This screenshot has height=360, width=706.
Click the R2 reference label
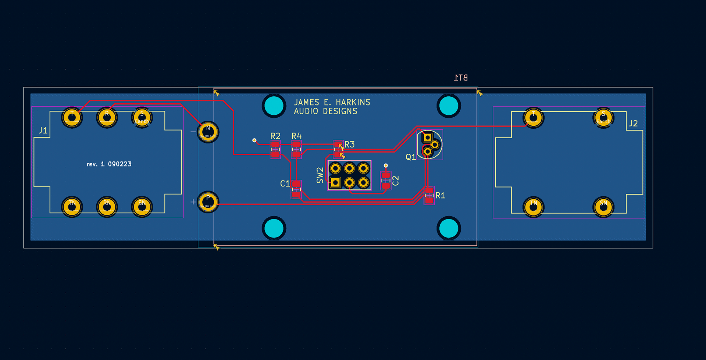click(x=275, y=136)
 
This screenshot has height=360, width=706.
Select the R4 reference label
click(x=296, y=136)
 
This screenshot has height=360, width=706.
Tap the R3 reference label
click(x=350, y=145)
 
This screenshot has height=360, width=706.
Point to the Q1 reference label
click(x=411, y=157)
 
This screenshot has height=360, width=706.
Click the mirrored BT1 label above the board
click(x=461, y=78)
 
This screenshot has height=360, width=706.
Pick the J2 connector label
click(x=633, y=124)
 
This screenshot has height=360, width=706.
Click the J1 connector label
click(x=43, y=131)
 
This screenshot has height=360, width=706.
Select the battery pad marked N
click(x=208, y=132)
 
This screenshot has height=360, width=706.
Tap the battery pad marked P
click(x=208, y=202)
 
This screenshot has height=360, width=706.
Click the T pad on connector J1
click(x=72, y=118)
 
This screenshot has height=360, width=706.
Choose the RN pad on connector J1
click(x=107, y=207)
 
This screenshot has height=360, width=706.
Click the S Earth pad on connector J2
click(x=603, y=118)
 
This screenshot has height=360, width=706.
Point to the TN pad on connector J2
click(x=534, y=207)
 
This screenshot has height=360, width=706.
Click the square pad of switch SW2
click(x=335, y=182)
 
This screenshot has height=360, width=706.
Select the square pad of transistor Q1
click(x=427, y=138)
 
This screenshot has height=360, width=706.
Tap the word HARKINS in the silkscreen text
click(x=353, y=102)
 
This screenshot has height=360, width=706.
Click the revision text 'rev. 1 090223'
click(x=109, y=164)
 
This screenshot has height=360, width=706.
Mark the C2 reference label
click(x=396, y=181)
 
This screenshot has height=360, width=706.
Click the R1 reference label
click(x=440, y=196)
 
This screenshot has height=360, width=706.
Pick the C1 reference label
click(x=285, y=183)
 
